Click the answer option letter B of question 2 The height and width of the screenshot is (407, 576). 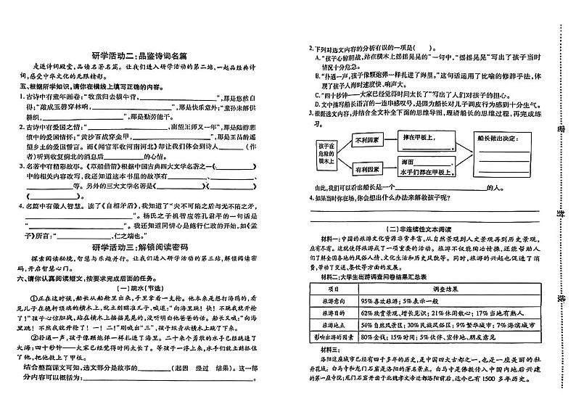pos(317,75)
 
